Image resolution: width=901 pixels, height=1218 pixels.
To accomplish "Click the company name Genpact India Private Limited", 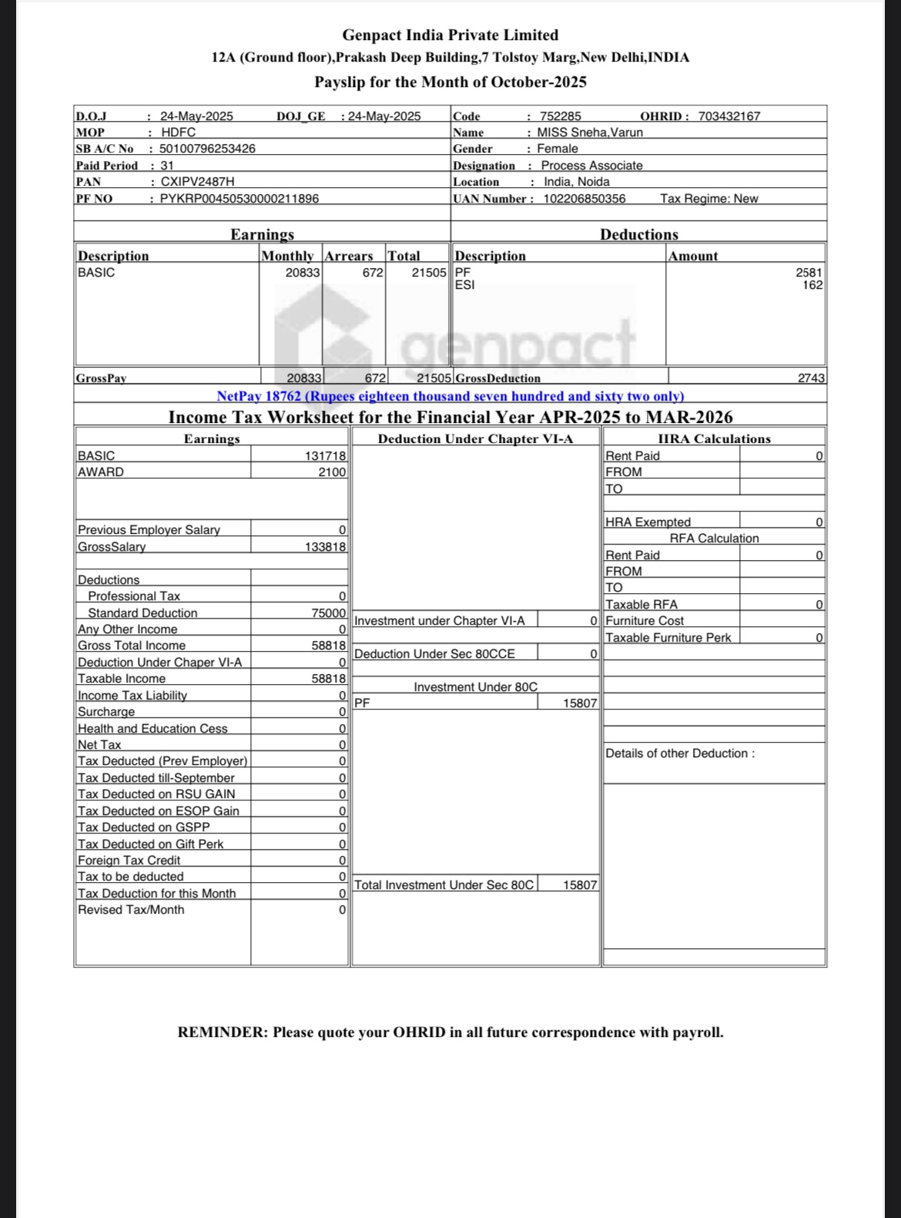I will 450,35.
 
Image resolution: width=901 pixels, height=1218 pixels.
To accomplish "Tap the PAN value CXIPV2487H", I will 197,182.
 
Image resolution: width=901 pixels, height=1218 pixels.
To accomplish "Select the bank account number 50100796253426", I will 207,149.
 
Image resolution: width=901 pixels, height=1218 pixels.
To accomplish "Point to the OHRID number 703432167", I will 729,116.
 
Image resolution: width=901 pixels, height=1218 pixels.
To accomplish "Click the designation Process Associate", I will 591,166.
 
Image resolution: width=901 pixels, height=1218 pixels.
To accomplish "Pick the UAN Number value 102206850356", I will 584,199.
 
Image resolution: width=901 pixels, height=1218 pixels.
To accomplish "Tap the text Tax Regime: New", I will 708,199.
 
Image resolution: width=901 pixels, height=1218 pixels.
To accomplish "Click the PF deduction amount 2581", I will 809,273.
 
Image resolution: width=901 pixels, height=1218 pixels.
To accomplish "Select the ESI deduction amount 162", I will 812,285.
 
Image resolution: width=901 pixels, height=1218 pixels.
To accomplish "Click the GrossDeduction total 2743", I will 811,378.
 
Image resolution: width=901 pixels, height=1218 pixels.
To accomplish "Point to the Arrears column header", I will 349,256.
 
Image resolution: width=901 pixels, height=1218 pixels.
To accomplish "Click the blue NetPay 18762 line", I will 450,396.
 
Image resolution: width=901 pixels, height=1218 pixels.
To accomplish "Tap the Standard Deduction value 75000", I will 329,613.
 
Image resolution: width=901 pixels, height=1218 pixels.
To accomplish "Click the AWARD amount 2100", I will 332,472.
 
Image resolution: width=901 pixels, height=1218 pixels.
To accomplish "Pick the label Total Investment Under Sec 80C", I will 444,885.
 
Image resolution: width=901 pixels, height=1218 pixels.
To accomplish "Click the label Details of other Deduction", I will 680,753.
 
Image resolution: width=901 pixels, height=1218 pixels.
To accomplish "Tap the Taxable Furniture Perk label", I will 668,638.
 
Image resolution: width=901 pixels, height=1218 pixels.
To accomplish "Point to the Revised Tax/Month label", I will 131,910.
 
